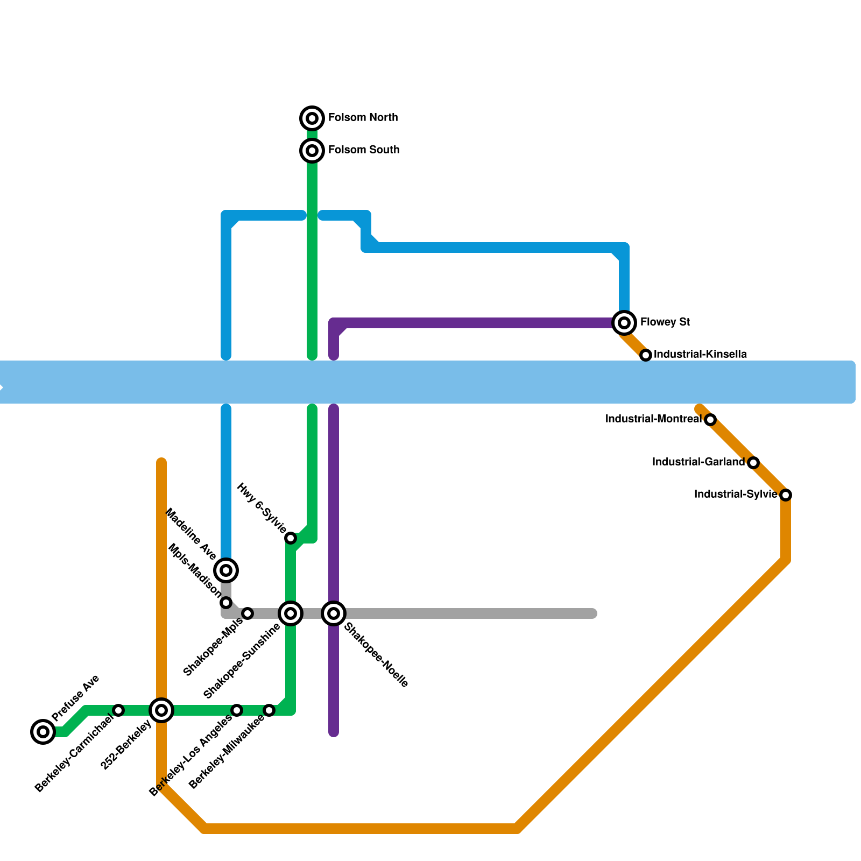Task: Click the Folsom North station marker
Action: [x=312, y=118]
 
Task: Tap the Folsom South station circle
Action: [x=312, y=150]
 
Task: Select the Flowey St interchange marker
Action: [x=624, y=322]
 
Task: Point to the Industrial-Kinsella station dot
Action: [x=646, y=355]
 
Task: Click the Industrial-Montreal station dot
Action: [x=710, y=419]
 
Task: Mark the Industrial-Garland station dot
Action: [x=753, y=462]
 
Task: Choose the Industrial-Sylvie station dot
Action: [x=786, y=495]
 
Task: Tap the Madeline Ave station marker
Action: [x=226, y=570]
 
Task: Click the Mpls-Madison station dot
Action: [x=226, y=602]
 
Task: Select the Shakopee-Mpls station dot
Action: [x=248, y=613]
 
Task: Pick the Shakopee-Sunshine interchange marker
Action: [x=291, y=613]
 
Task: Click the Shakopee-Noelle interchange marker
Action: [x=334, y=613]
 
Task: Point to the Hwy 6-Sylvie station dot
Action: [x=291, y=538]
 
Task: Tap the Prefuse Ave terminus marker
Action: [x=43, y=731]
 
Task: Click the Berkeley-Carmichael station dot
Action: [x=118, y=710]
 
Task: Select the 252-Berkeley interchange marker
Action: [x=161, y=710]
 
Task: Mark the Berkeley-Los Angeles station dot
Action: [x=237, y=710]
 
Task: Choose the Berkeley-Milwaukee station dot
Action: [x=269, y=710]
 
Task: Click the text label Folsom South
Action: [x=364, y=150]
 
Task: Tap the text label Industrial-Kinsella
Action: [x=700, y=355]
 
